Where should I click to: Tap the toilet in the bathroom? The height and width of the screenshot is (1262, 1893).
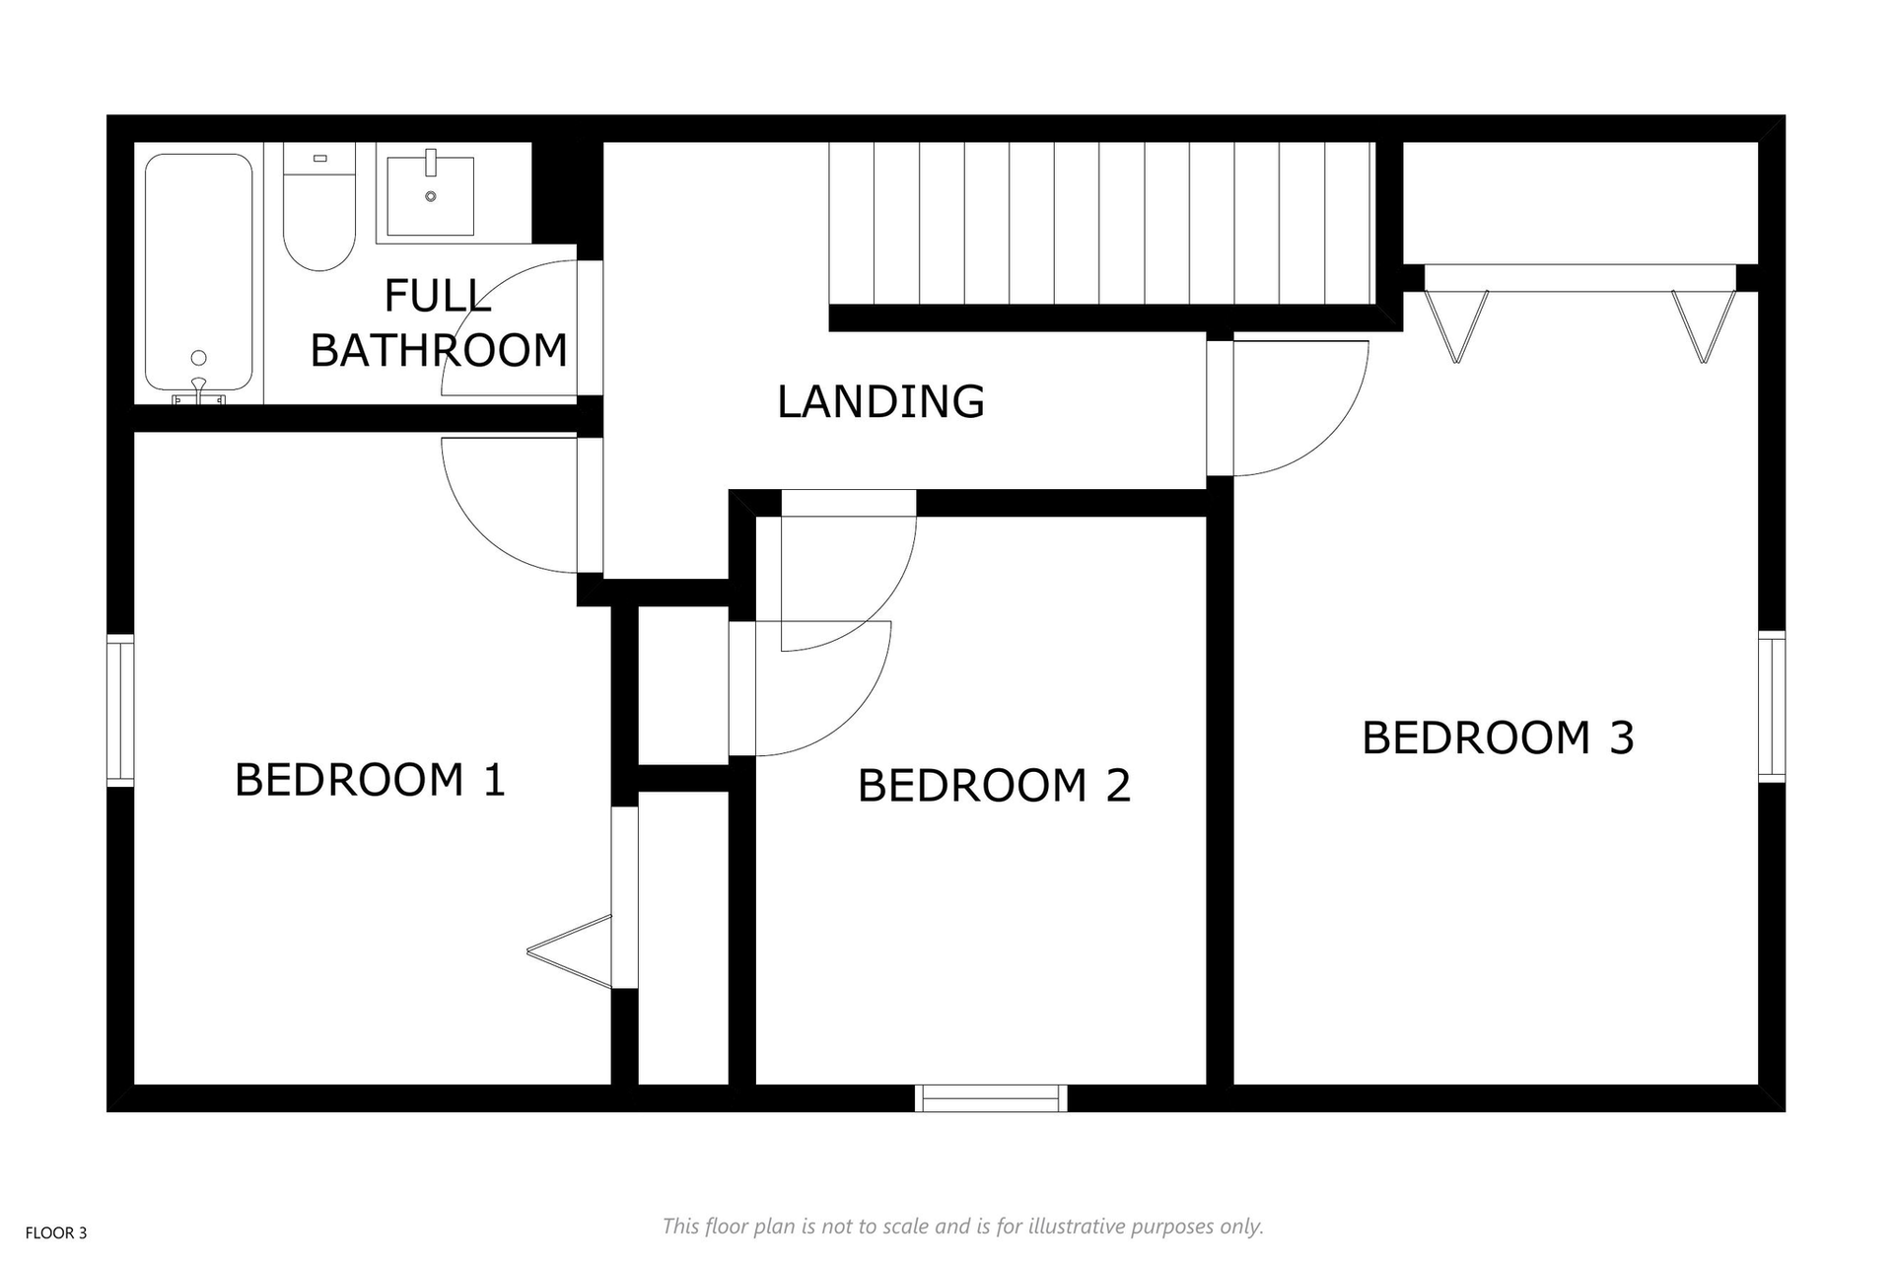point(318,207)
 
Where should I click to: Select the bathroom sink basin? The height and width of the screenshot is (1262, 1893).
point(430,196)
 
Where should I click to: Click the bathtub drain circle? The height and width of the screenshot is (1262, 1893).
point(199,358)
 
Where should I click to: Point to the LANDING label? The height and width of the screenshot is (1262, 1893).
point(880,401)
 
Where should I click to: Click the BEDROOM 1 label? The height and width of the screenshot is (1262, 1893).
point(370,780)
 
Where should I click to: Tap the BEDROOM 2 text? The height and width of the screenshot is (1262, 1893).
point(994,786)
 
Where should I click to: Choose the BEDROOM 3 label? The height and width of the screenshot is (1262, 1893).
point(1498,737)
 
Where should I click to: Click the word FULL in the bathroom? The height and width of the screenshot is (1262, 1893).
point(437,296)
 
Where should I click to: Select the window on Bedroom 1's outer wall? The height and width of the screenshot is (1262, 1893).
point(120,711)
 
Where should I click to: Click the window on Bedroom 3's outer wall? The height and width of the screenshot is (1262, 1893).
point(1772,707)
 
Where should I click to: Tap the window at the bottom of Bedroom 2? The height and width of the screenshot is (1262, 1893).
point(991,1098)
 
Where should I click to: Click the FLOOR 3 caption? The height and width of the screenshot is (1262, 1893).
point(56,1232)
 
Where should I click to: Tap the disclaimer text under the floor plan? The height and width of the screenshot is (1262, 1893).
point(962,1227)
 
